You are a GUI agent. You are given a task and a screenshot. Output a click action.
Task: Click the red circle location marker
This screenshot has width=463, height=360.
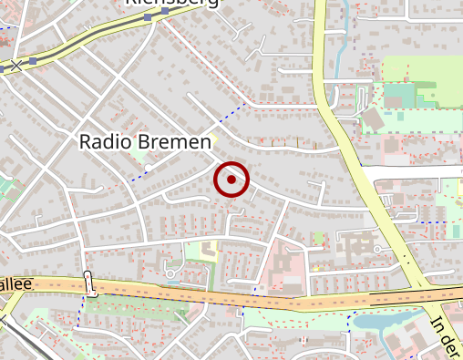[x=231, y=180]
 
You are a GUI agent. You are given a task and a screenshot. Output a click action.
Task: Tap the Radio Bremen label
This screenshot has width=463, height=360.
[x=145, y=142]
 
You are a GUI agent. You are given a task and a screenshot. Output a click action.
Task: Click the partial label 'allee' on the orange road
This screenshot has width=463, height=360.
[x=16, y=284]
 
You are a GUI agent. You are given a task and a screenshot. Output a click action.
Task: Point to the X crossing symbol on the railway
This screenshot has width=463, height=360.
[x=15, y=67]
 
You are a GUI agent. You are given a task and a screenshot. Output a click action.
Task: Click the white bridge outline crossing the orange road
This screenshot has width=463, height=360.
[x=89, y=283]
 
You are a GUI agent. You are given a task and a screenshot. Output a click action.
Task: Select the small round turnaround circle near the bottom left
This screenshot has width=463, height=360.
[x=170, y=273]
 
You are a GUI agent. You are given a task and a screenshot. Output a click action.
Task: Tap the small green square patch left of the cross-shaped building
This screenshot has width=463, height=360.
[x=318, y=240]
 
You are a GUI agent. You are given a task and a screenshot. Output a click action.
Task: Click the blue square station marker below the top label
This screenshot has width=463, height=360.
[x=149, y=18]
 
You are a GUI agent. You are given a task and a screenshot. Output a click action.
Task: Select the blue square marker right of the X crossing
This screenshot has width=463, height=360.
[x=33, y=61]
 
